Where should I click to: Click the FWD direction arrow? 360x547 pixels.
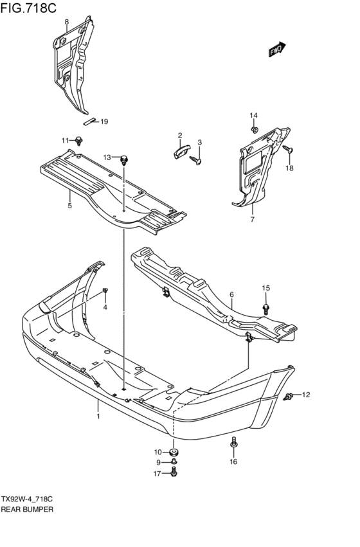point(277,49)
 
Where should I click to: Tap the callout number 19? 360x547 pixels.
point(104,121)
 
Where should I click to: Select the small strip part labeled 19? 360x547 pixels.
point(89,121)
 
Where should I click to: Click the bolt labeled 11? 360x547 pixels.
point(79,141)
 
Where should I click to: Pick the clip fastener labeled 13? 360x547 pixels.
point(124,160)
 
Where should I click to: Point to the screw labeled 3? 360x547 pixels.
point(195,160)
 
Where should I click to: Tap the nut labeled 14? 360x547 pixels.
point(255,130)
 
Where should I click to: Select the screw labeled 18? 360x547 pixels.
point(288,150)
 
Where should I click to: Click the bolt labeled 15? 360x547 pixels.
point(265,309)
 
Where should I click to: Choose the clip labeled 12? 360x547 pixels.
point(289,397)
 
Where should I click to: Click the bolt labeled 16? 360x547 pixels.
point(234,443)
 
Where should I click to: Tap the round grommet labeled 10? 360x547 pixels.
point(174,453)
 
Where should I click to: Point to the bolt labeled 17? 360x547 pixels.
point(174,472)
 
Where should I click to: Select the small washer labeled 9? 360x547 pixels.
point(174,462)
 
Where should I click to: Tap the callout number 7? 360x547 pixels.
point(252,219)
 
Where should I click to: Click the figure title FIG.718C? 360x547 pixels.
point(28,8)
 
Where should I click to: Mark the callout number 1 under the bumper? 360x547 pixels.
point(98,416)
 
